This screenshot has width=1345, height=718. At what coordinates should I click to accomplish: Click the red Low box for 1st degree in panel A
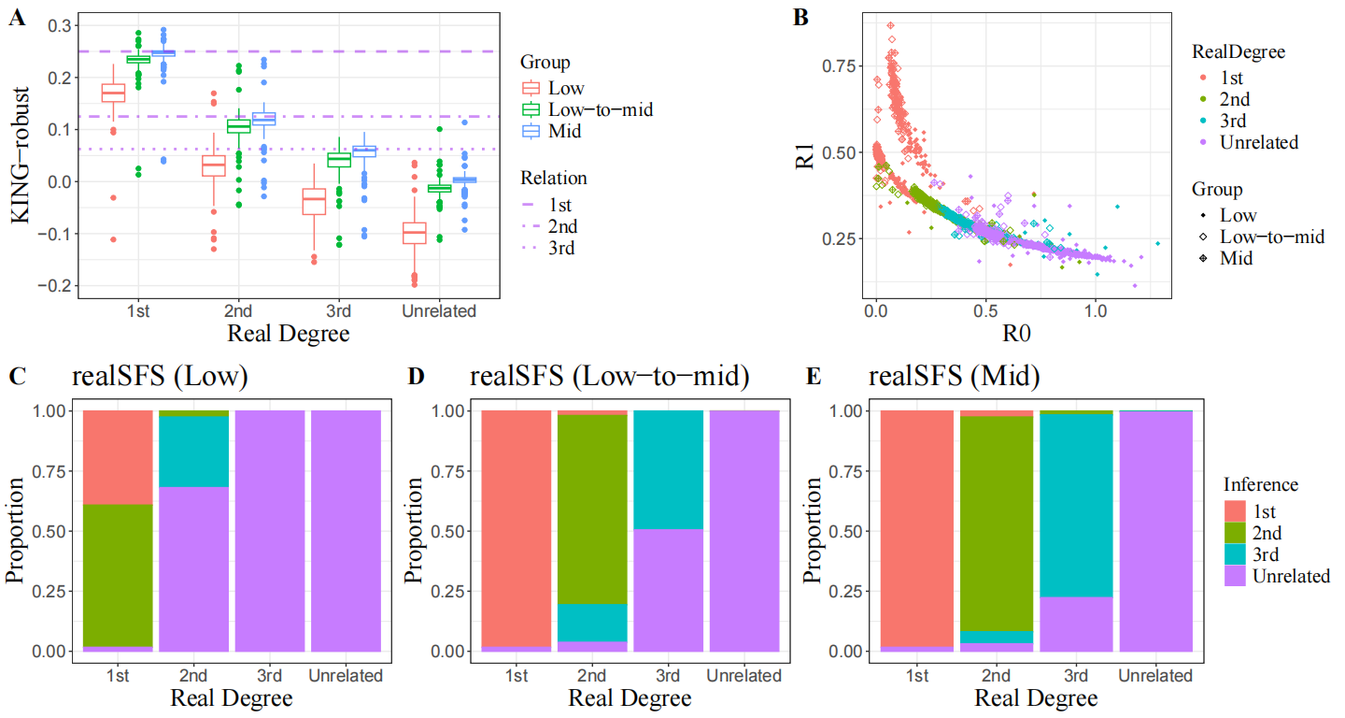click(113, 93)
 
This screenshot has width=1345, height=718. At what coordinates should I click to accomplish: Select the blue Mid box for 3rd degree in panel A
click(364, 151)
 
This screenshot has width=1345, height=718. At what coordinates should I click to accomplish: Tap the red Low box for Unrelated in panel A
click(414, 232)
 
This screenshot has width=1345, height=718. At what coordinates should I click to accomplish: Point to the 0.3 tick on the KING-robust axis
click(59, 25)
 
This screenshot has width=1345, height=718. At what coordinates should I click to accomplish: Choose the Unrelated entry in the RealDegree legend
click(1258, 142)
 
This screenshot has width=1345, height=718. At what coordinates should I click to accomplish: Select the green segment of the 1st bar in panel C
click(119, 575)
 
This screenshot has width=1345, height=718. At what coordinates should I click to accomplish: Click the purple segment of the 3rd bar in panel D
click(669, 590)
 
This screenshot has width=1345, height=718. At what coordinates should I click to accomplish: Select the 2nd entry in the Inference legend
click(1267, 533)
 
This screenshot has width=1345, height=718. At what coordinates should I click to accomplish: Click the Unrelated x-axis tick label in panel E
click(1154, 676)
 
